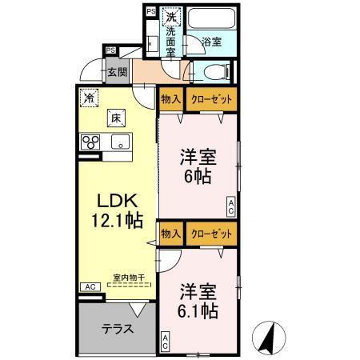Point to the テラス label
point(117,329)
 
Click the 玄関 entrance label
point(118,72)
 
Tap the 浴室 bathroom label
point(211,41)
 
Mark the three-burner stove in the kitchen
point(90,144)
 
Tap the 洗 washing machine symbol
point(170,15)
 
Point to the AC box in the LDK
point(89,286)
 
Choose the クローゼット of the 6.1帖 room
point(212,234)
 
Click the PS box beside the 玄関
point(110,50)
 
